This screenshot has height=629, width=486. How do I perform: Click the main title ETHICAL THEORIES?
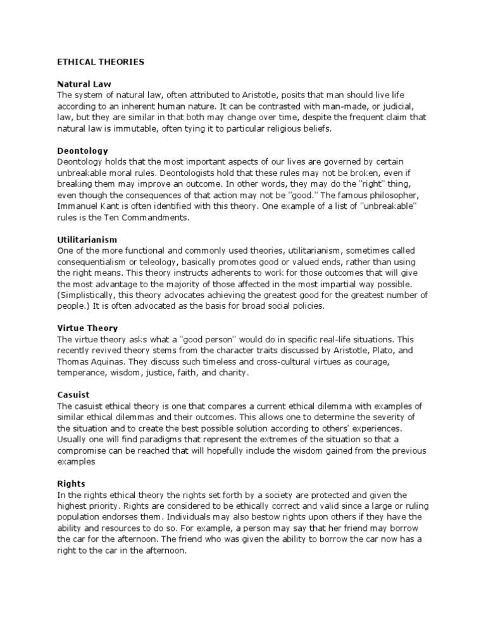pos(101,62)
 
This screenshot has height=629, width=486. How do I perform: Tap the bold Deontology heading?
pos(83,151)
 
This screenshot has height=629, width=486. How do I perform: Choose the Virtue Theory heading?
pos(87,328)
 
